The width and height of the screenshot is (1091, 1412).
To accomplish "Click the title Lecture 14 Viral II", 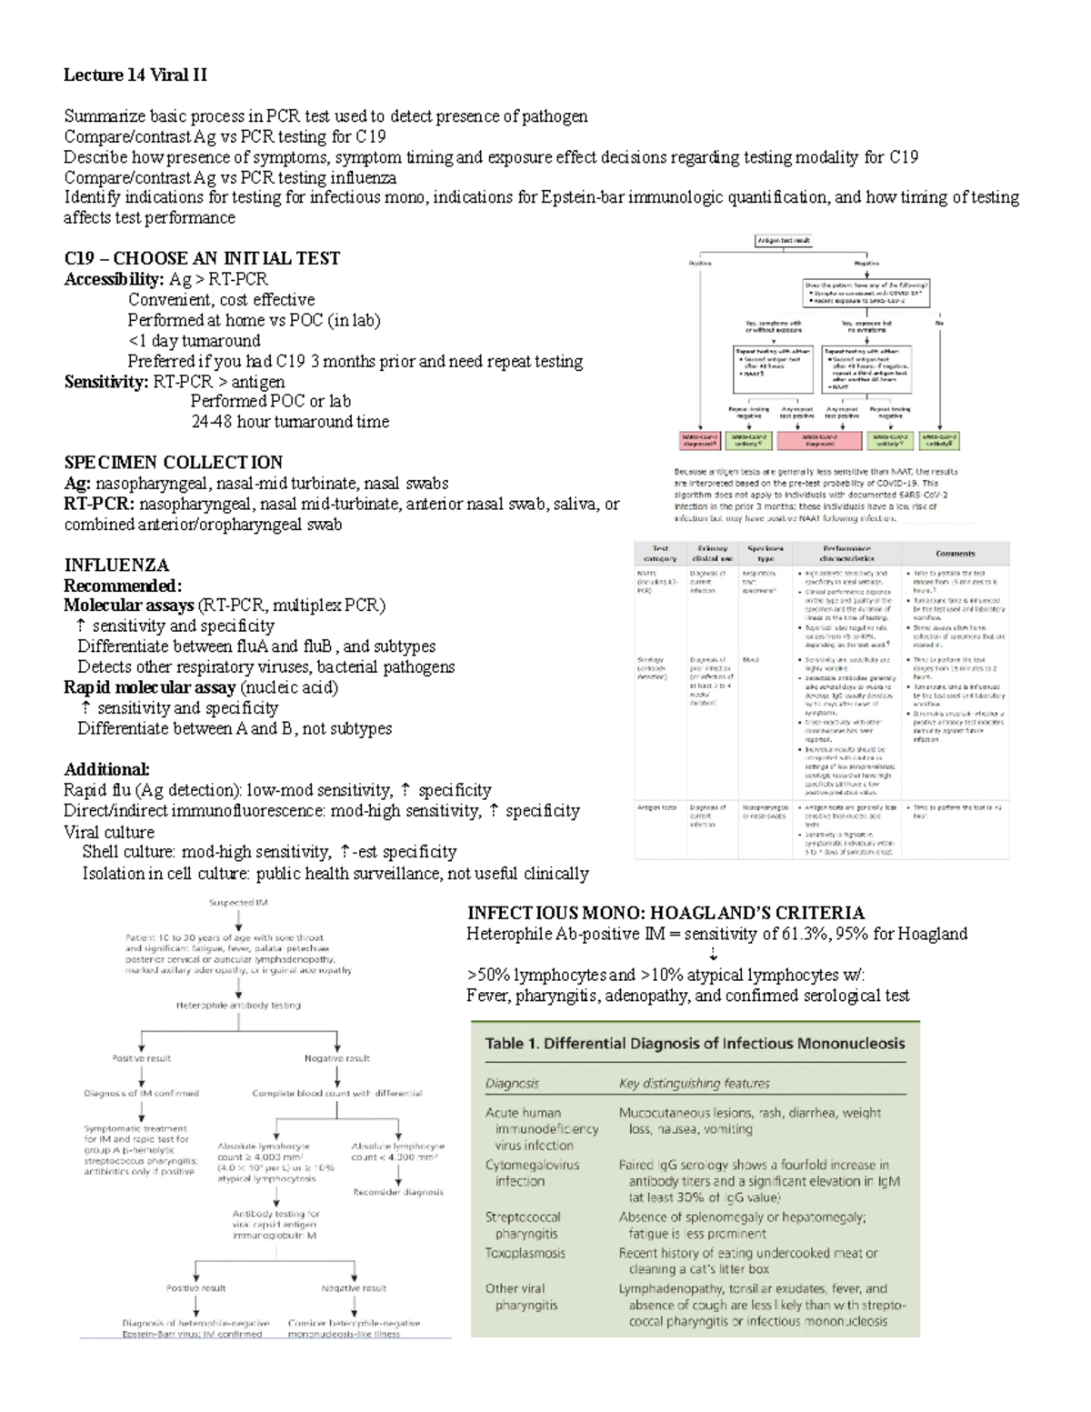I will pyautogui.click(x=135, y=75).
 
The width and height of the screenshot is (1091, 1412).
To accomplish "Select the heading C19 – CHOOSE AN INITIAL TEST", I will pyautogui.click(x=201, y=258).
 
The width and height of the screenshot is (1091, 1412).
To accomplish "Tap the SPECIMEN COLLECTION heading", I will pyautogui.click(x=173, y=462).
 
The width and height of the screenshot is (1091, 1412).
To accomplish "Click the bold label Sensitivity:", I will pyautogui.click(x=105, y=381).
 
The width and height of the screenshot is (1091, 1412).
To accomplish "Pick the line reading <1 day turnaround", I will pyautogui.click(x=194, y=341).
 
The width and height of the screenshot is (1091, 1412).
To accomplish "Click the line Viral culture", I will pyautogui.click(x=109, y=831).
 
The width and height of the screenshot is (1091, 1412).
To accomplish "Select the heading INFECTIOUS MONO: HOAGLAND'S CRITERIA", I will pyautogui.click(x=666, y=913).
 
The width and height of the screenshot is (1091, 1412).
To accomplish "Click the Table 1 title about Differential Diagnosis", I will pyautogui.click(x=695, y=1043).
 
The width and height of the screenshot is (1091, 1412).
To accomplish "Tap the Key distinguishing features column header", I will pyautogui.click(x=694, y=1083).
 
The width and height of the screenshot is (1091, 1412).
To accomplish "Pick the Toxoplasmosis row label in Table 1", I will pyautogui.click(x=525, y=1253).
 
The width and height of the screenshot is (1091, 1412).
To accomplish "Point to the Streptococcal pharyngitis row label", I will pyautogui.click(x=523, y=1225).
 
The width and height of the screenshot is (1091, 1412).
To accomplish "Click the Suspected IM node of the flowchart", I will pyautogui.click(x=238, y=903).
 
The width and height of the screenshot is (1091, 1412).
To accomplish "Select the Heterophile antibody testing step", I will pyautogui.click(x=237, y=1005).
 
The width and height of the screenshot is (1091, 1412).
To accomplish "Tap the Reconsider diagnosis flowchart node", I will pyautogui.click(x=398, y=1191).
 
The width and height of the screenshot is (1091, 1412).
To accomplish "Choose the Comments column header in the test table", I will pyautogui.click(x=955, y=553).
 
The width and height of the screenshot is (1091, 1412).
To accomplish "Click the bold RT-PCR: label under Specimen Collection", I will pyautogui.click(x=100, y=504).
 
